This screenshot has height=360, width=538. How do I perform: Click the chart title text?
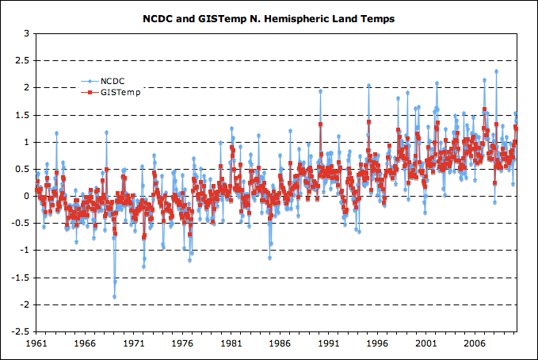269,17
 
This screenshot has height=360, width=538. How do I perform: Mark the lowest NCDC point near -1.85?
114,297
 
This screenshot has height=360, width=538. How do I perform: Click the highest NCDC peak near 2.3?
497,71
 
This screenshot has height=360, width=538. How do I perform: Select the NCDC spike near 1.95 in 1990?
320,90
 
